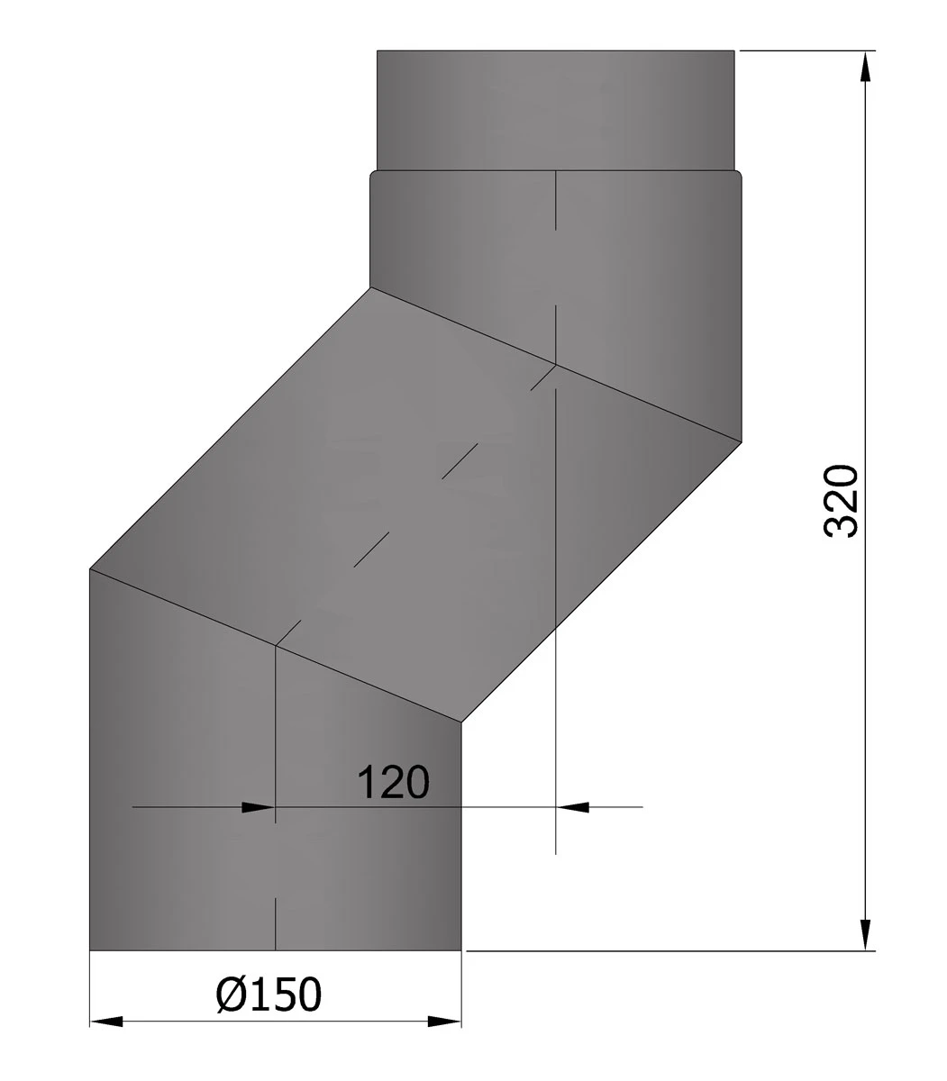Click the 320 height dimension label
click(x=841, y=501)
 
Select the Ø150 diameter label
click(x=269, y=994)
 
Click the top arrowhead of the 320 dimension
click(x=865, y=67)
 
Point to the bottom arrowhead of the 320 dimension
click(x=865, y=935)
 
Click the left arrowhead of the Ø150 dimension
click(x=106, y=1022)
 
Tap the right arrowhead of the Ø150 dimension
click(x=444, y=1022)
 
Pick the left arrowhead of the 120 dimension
click(x=259, y=807)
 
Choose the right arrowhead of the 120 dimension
click(x=572, y=807)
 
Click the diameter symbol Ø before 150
click(x=232, y=994)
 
